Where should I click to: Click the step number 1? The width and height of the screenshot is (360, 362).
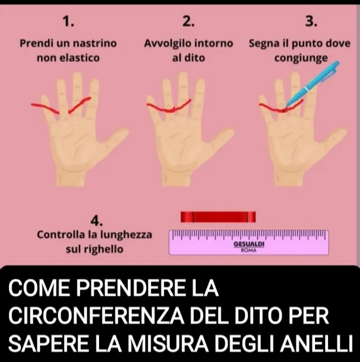click(68, 21)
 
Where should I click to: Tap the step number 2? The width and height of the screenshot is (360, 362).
click(188, 21)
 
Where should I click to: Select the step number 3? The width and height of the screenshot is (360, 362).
click(311, 21)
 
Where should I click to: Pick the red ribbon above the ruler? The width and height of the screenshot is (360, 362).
click(218, 216)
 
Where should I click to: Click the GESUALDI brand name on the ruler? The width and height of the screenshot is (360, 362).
click(249, 245)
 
